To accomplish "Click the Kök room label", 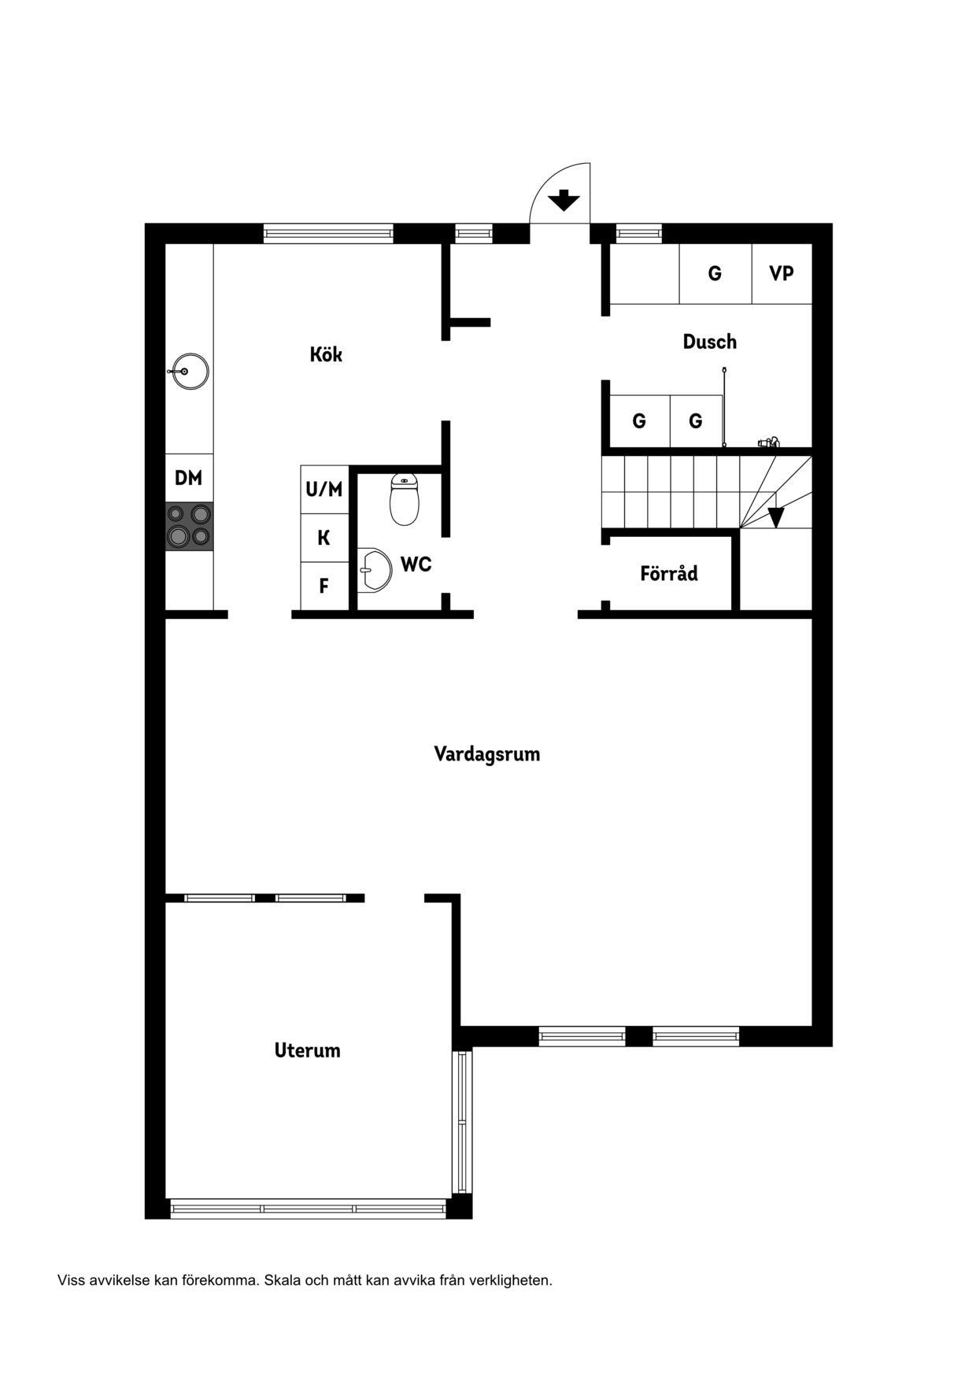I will point(326,354).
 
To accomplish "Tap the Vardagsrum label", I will point(487,754).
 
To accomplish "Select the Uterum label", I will point(307,1050).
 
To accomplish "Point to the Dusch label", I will point(709,342).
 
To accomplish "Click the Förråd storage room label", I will point(668,573).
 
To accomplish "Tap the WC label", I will point(416,564).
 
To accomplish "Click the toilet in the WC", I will point(405,499).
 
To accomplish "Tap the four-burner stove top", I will point(189,525).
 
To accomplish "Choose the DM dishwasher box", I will point(189,478).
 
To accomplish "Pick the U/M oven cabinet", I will point(324,490).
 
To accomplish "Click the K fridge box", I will point(324,538).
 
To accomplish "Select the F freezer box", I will point(324,586).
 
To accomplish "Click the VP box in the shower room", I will point(781,273).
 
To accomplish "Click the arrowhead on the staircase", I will point(776,517).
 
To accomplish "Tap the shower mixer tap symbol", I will point(768,442).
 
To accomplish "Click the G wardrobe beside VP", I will point(715,273).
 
